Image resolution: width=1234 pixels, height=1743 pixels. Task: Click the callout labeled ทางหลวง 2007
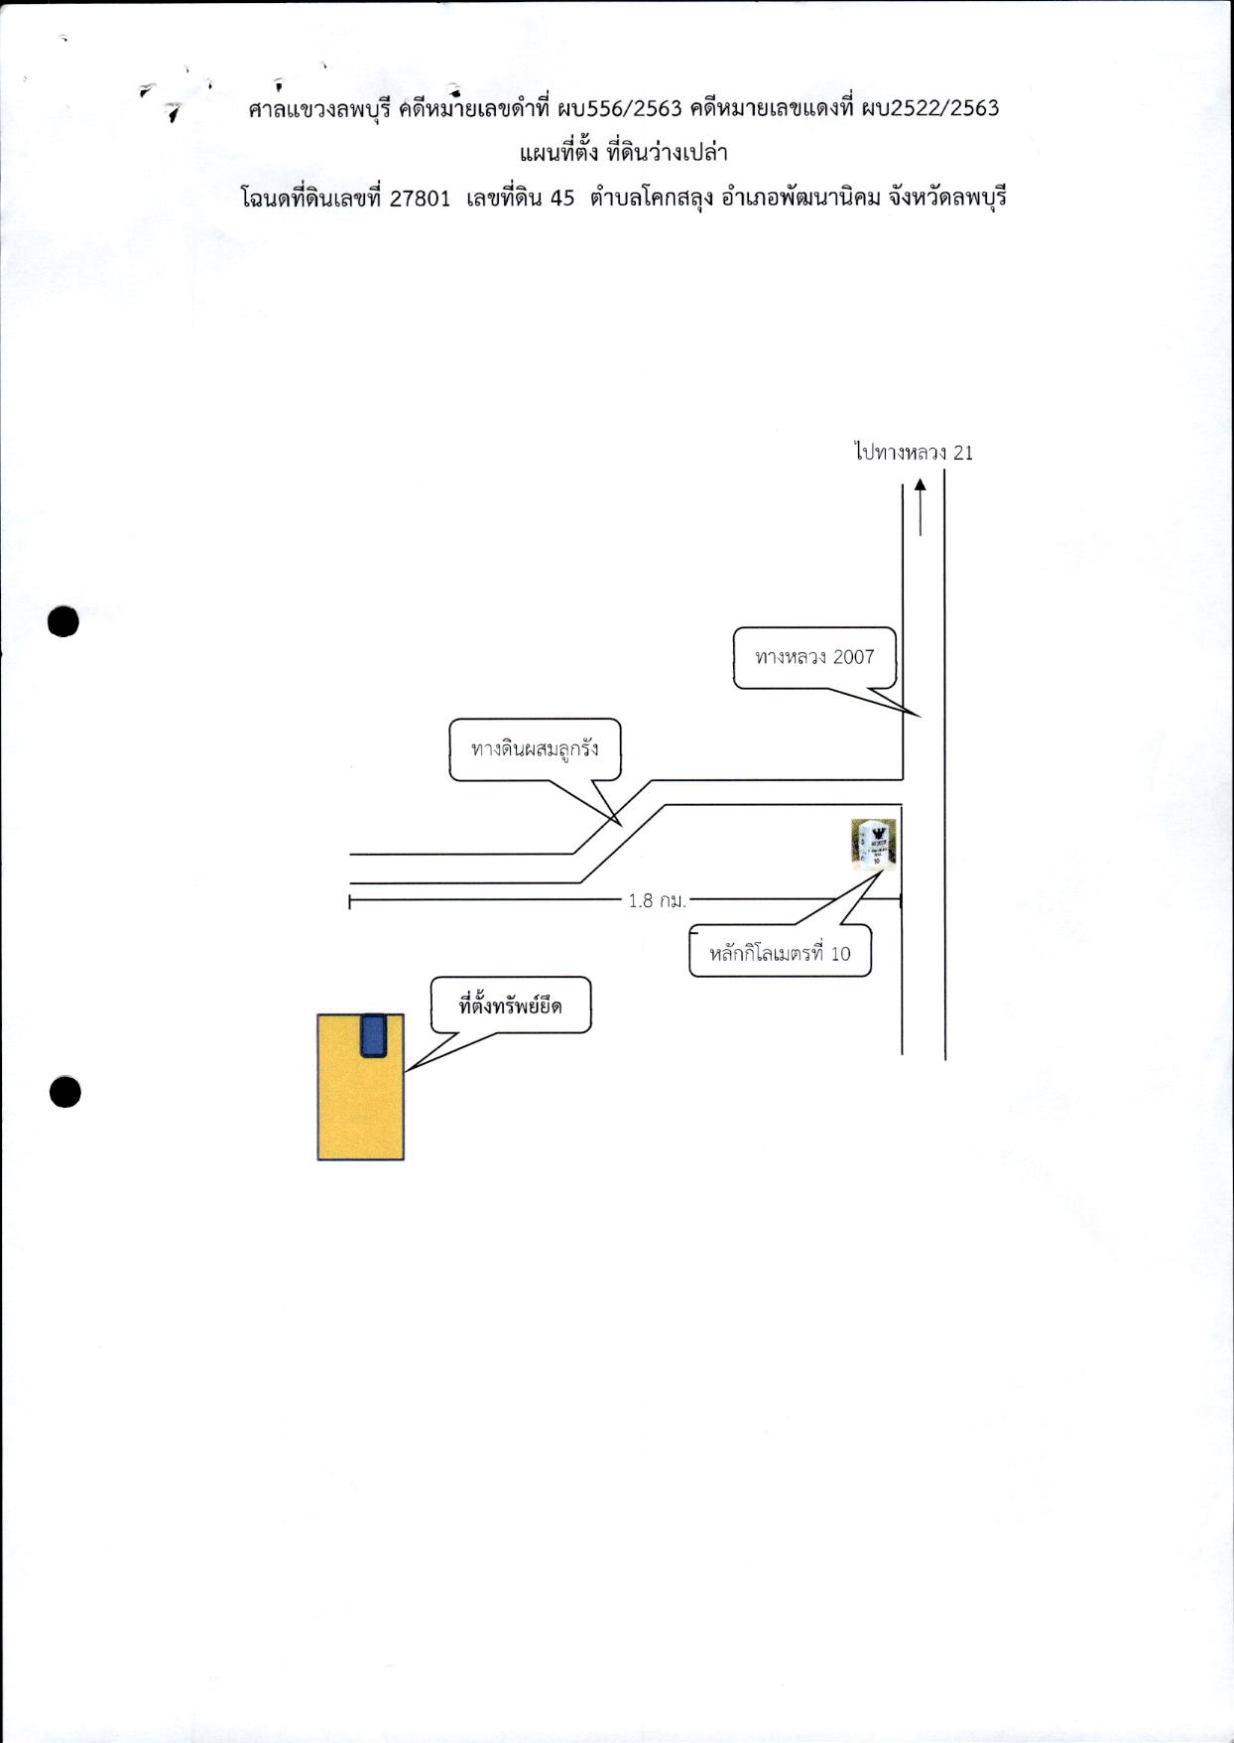815,657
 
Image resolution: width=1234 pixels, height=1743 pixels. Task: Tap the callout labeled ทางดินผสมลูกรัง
536,749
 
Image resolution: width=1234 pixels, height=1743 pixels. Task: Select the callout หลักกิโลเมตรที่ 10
781,951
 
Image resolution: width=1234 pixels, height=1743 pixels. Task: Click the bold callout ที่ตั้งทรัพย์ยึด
511,1006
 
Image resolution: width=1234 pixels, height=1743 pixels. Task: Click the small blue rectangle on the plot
373,1035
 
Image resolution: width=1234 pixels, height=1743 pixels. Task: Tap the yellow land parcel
360,1087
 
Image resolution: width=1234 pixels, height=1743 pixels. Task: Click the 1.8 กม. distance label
657,900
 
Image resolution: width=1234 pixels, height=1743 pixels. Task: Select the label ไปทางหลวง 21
914,453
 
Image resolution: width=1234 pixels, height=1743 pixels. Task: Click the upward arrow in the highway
921,507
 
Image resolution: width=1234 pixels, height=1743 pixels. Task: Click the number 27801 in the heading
420,199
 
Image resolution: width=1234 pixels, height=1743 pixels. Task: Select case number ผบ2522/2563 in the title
929,108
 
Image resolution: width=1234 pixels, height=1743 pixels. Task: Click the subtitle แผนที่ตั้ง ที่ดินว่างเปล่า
624,153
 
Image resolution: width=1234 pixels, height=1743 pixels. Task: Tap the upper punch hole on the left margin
62,621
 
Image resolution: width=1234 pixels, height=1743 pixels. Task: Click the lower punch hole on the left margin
64,1092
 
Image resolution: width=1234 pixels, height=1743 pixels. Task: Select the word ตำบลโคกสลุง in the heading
651,199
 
